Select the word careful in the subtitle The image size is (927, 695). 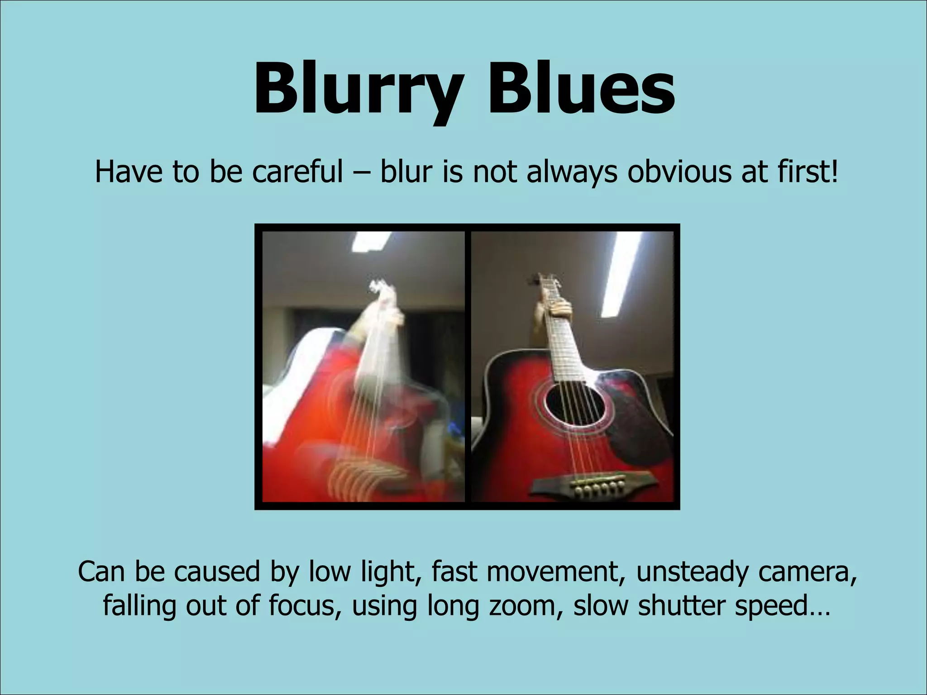[x=297, y=172]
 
